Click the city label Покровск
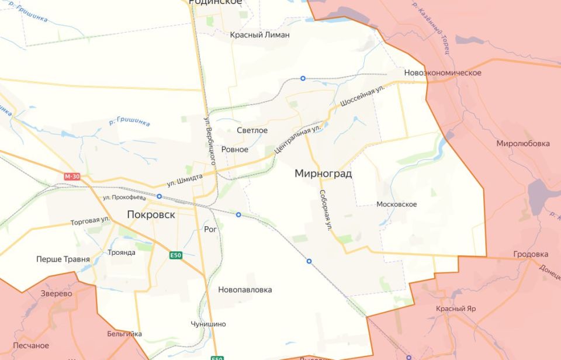pyautogui.click(x=151, y=214)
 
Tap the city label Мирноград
pyautogui.click(x=323, y=174)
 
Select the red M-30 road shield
pyautogui.click(x=72, y=176)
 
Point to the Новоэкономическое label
pyautogui.click(x=442, y=72)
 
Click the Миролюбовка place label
pyautogui.click(x=523, y=143)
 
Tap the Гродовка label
pyautogui.click(x=531, y=254)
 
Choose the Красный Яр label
pyautogui.click(x=456, y=308)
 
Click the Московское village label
pyautogui.click(x=397, y=204)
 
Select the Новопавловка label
pyautogui.click(x=245, y=289)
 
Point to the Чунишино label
pyautogui.click(x=208, y=324)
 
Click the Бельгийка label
pyautogui.click(x=124, y=334)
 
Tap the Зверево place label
pyautogui.click(x=57, y=294)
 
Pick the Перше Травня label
pyautogui.click(x=63, y=259)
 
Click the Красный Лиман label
pyautogui.click(x=260, y=34)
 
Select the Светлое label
pyautogui.click(x=252, y=130)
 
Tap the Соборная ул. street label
pyautogui.click(x=325, y=209)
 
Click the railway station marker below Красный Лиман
pyautogui.click(x=303, y=78)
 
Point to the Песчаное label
pyautogui.click(x=31, y=345)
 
